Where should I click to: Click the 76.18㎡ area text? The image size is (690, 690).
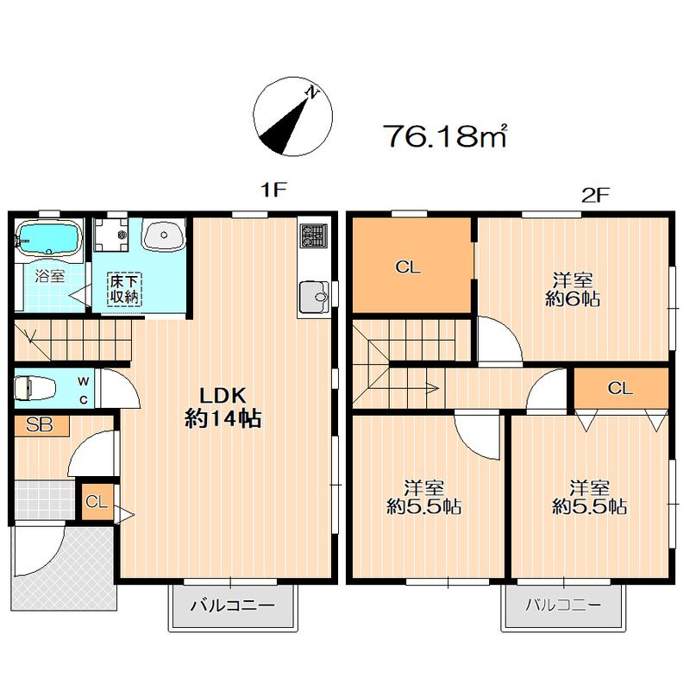coord(446,135)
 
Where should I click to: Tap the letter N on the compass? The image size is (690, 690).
coord(313,93)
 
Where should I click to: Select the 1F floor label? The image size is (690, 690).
coord(273,190)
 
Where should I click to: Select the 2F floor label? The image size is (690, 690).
coord(595,195)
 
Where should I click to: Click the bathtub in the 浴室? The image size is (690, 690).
coord(48,237)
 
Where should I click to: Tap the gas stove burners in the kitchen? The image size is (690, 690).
coord(314,235)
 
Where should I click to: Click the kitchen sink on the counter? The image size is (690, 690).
coord(314,296)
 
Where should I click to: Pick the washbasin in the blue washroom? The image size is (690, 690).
coord(164,235)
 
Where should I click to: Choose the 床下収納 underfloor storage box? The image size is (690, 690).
coord(124,289)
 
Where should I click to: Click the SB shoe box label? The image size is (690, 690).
coord(41,425)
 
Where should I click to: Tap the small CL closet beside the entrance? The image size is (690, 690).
coord(97,502)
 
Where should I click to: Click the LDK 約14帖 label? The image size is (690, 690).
coord(223,407)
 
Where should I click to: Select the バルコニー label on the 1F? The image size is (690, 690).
coord(233,606)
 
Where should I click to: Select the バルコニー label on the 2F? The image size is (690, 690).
coord(563,605)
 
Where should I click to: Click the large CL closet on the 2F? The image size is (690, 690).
coord(412,266)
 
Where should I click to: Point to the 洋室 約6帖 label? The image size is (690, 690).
coord(573,289)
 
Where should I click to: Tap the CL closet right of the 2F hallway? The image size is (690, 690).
coord(621,388)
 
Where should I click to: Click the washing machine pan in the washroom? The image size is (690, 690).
coord(111,235)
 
